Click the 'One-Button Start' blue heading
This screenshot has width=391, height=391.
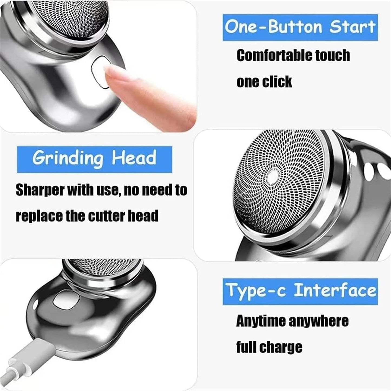300,27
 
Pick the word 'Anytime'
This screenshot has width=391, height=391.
261,321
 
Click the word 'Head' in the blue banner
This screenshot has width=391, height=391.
134,158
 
